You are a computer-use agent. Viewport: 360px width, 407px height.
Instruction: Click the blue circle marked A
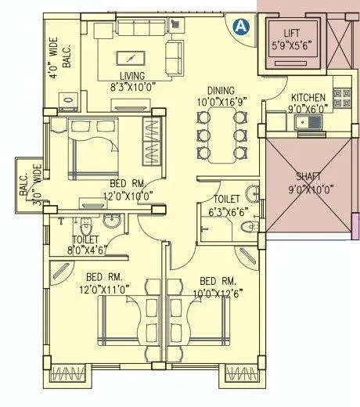click(241, 25)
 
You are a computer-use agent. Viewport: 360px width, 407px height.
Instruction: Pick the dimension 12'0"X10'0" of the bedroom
click(124, 196)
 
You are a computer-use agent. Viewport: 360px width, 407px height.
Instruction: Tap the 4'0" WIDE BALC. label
click(60, 55)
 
